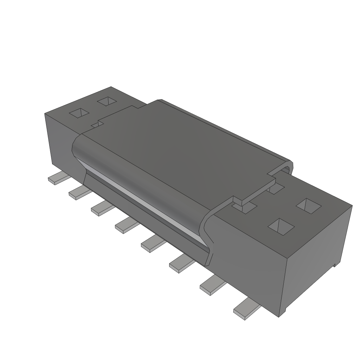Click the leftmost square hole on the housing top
tap(80, 113)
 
